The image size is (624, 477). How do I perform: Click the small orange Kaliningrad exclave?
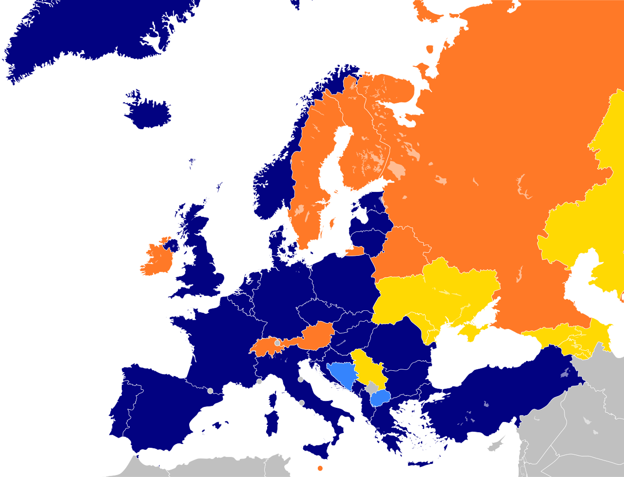coord(355,251)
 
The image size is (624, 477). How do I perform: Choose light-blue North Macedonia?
coord(380,399)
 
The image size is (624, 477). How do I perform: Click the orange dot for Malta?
coord(320,468)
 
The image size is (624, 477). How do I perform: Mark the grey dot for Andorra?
coord(210,391)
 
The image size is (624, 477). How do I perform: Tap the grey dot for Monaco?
coord(259,382)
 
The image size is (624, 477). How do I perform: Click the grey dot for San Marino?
coord(301,379)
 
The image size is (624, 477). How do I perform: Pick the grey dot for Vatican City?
coord(302,403)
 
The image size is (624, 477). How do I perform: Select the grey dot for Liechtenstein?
coord(277,343)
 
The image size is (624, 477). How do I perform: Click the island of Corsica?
coord(273,400)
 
